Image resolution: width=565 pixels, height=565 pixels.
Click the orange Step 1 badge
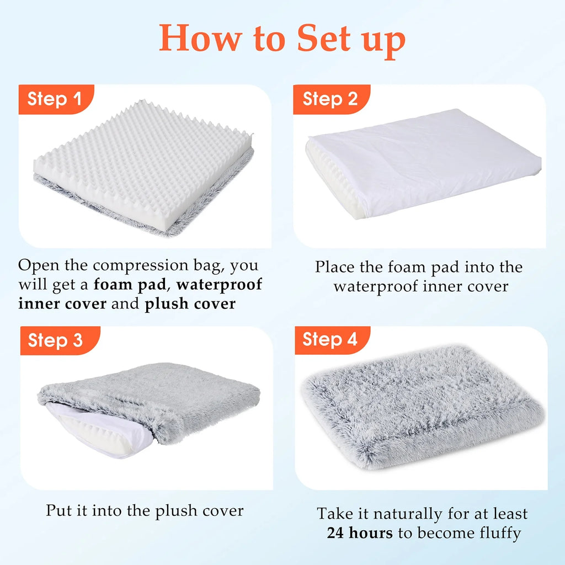pyautogui.click(x=56, y=99)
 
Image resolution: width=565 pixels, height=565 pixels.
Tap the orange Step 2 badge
pyautogui.click(x=332, y=99)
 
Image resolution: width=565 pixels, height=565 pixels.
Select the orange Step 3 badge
pyautogui.click(x=60, y=340)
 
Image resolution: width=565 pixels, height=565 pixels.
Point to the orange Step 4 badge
pyautogui.click(x=332, y=340)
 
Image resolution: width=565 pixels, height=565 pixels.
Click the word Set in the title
pyautogui.click(x=323, y=38)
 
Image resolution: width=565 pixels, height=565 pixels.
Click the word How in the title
pyautogui.click(x=200, y=38)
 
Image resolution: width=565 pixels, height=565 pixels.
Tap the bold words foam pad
pyautogui.click(x=130, y=284)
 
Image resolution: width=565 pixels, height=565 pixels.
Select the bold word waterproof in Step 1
pyautogui.click(x=219, y=284)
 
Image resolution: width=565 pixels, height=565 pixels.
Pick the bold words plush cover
pyautogui.click(x=190, y=304)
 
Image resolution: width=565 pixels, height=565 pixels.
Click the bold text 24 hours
pyautogui.click(x=360, y=533)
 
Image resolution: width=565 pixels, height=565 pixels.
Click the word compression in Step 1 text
pyautogui.click(x=141, y=266)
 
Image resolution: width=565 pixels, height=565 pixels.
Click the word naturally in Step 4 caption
pyautogui.click(x=408, y=514)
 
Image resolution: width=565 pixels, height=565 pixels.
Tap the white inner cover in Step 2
pyautogui.click(x=425, y=162)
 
